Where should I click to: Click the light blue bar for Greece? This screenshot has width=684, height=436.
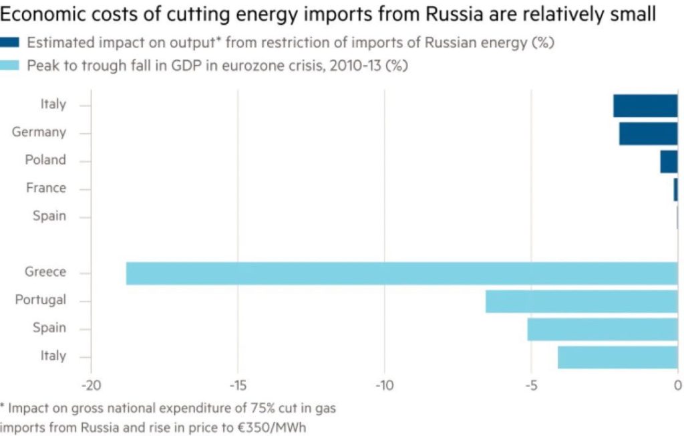click(x=401, y=274)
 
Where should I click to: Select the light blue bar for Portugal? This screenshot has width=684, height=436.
click(x=581, y=302)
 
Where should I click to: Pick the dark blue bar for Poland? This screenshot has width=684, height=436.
click(x=669, y=161)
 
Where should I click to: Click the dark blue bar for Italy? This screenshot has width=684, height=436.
click(x=645, y=106)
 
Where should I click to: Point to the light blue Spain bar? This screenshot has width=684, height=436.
click(x=602, y=329)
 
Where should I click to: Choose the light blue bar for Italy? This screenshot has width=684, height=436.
click(x=617, y=357)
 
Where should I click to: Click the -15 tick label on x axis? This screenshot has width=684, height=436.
click(x=238, y=386)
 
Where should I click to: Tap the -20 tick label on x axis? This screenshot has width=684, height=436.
click(x=91, y=386)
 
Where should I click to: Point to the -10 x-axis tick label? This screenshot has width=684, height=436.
click(x=384, y=386)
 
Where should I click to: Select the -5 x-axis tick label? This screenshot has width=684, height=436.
click(x=531, y=386)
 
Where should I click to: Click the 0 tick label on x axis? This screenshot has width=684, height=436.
click(x=677, y=386)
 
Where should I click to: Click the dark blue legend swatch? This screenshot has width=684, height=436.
click(x=10, y=43)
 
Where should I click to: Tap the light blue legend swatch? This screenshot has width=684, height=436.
click(x=10, y=66)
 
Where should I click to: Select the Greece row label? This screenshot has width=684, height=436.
click(x=45, y=272)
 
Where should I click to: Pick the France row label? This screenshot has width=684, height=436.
click(x=46, y=188)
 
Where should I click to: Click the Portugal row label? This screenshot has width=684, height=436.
click(x=41, y=300)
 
